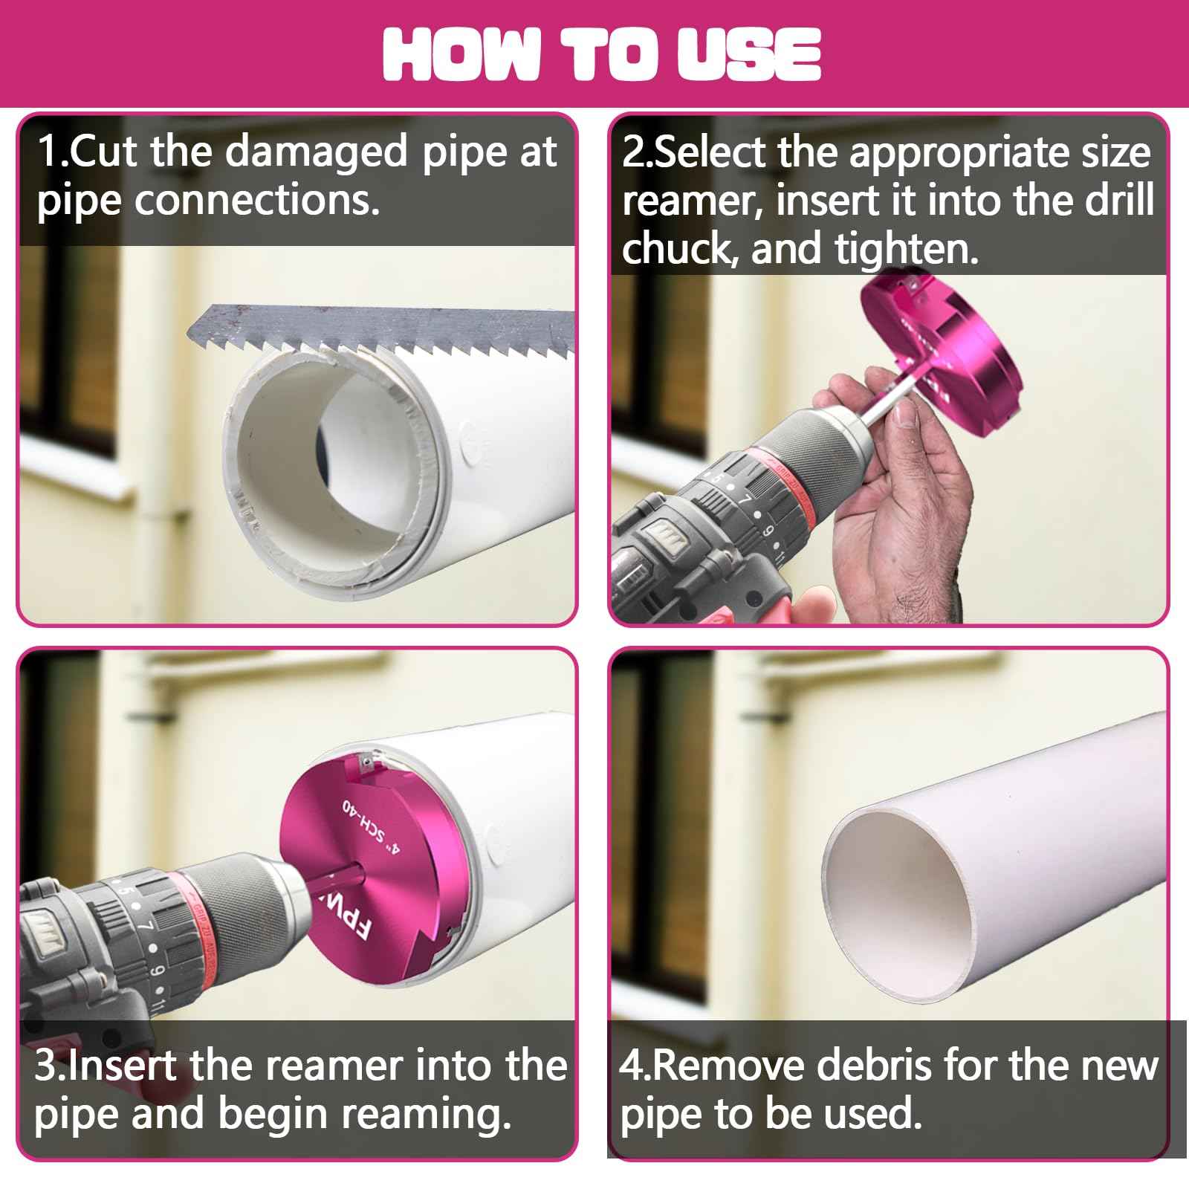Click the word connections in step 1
(256, 201)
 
